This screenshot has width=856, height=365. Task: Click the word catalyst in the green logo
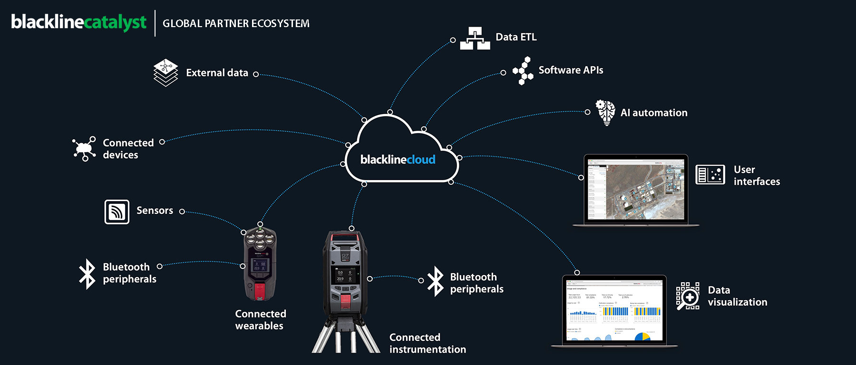[116, 22]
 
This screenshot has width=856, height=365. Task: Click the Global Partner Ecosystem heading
[236, 23]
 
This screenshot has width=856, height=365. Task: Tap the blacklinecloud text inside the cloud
[398, 160]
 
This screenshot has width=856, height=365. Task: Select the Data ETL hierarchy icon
[475, 38]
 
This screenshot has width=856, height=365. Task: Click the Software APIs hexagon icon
[523, 71]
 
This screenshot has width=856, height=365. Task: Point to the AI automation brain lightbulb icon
[605, 112]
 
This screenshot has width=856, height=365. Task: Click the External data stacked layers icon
[165, 73]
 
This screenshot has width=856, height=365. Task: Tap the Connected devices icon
[84, 149]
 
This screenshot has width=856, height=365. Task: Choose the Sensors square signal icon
[117, 211]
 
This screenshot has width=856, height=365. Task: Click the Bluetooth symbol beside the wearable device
[87, 273]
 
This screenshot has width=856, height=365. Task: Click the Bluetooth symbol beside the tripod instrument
[435, 281]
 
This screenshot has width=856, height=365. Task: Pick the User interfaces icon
[710, 174]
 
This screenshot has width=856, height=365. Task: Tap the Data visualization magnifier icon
[688, 296]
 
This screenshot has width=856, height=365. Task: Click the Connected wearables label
[260, 320]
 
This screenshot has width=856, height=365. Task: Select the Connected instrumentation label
[427, 343]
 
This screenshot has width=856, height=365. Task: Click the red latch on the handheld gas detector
[259, 290]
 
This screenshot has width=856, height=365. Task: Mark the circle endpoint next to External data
[256, 74]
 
